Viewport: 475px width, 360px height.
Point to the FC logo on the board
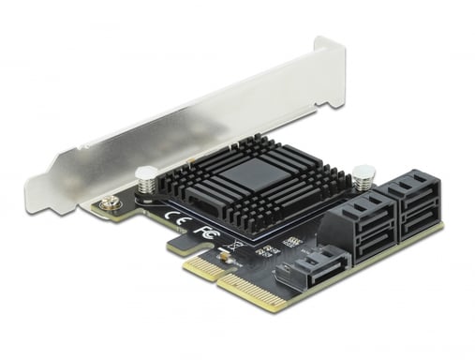[x=198, y=228]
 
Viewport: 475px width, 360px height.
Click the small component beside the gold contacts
[x=225, y=261]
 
